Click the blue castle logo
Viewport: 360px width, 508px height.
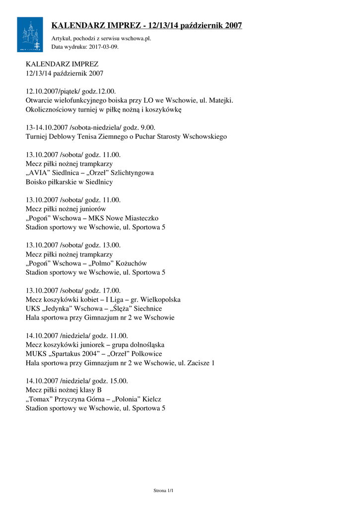(x=30, y=34)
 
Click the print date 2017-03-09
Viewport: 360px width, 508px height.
(x=104, y=47)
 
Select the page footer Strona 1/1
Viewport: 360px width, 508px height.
(x=163, y=491)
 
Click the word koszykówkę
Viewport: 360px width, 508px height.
(x=163, y=110)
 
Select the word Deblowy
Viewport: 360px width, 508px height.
(x=64, y=136)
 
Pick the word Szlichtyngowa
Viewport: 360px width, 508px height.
(x=130, y=173)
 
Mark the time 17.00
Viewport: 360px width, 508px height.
(x=111, y=291)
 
